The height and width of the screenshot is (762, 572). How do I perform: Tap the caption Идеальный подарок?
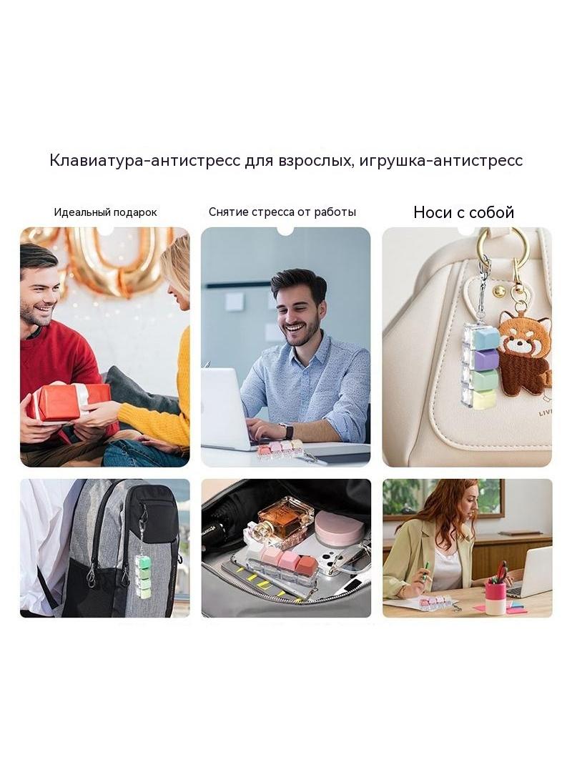click(105, 212)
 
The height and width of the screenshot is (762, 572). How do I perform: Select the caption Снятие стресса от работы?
click(282, 212)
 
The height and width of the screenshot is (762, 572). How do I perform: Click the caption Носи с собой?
click(463, 212)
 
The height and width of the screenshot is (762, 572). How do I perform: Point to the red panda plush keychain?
click(524, 360)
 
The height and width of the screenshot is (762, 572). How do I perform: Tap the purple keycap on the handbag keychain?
click(485, 360)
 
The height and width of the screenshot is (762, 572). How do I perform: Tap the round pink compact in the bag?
click(339, 528)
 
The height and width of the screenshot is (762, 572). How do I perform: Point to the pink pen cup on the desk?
click(495, 598)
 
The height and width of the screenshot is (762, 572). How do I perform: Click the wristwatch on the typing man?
click(290, 432)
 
